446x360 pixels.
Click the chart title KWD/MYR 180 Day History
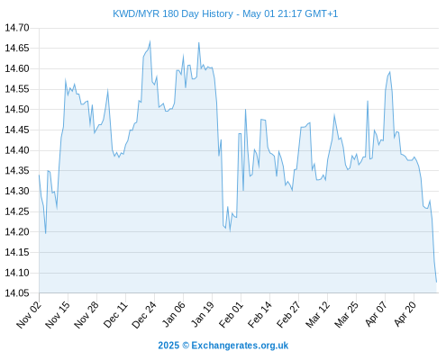pos(173,13)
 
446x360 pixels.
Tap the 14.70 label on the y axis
pos(17,28)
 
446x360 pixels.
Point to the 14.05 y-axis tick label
pos(17,293)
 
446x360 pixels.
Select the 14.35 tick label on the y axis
pos(17,171)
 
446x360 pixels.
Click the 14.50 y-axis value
pos(17,110)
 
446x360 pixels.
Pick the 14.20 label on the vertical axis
pos(17,232)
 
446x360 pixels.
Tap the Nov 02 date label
pos(29,314)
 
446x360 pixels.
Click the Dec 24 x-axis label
pos(144,314)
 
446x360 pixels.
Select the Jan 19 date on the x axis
pos(202,314)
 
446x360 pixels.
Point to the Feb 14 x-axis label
pos(259,314)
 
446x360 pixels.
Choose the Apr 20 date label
pos(405,314)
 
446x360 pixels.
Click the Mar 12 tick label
pos(317,314)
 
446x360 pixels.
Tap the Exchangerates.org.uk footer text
pos(240,346)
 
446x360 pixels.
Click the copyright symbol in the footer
pos(186,346)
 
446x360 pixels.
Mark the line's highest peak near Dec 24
pos(150,41)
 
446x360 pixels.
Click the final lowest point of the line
pos(436,282)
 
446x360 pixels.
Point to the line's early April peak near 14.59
pos(389,72)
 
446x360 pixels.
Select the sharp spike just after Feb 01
pos(245,110)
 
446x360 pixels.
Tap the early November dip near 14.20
pos(46,233)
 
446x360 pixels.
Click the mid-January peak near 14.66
pos(199,42)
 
